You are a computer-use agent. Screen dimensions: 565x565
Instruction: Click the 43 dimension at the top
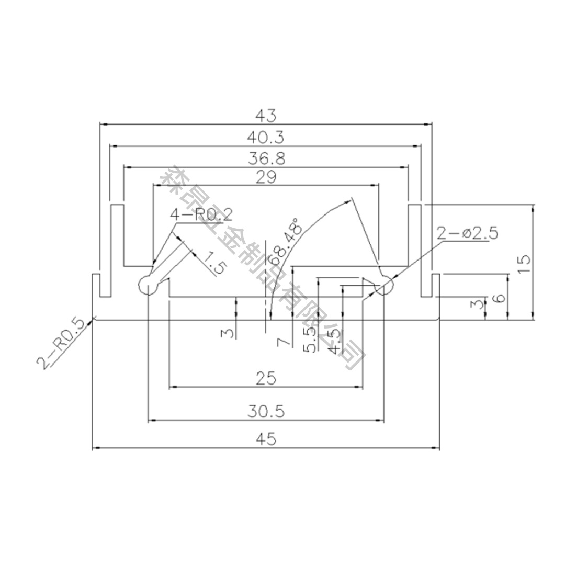(x=266, y=115)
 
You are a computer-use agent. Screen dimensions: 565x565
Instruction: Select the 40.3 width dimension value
(x=266, y=137)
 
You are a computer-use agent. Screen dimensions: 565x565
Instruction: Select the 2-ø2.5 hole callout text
(x=467, y=233)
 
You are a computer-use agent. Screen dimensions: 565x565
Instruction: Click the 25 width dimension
(x=266, y=378)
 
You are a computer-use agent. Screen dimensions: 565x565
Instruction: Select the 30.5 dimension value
(x=266, y=412)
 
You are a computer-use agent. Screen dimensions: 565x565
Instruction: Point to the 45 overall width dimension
(x=266, y=439)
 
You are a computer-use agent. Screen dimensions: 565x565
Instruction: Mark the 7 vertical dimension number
(x=282, y=342)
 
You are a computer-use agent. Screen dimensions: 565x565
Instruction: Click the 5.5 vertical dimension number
(x=310, y=340)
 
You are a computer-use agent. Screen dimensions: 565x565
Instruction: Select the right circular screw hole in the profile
(x=384, y=286)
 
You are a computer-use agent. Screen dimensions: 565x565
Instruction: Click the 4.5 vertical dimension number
(x=334, y=341)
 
